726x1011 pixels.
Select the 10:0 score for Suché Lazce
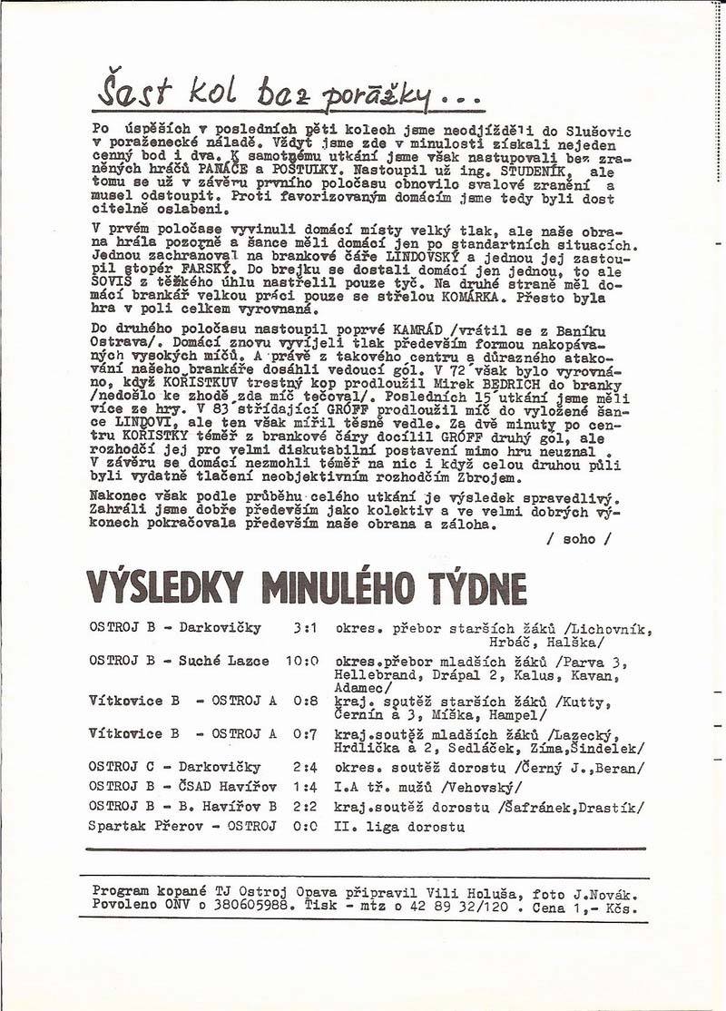tap(301, 661)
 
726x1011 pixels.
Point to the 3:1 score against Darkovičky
tap(304, 628)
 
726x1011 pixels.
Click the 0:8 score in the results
tap(305, 701)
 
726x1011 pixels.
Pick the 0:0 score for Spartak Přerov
tap(305, 827)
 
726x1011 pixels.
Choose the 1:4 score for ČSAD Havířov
tap(305, 788)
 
